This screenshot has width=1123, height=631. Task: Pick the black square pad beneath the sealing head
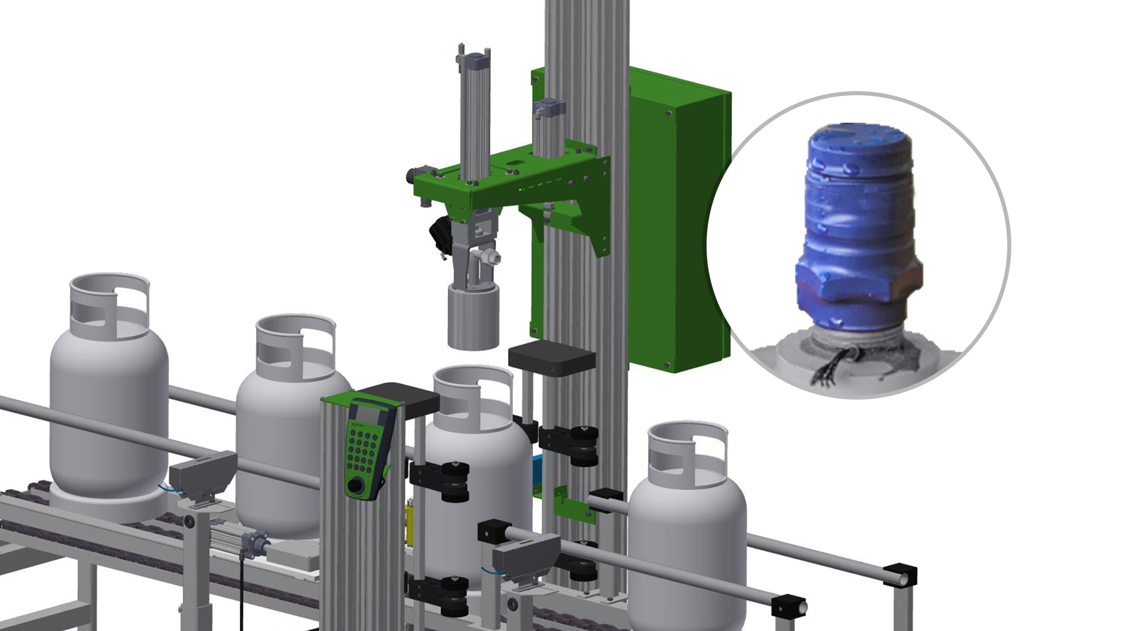tap(551, 356)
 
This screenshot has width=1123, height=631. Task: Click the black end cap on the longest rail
tap(900, 575)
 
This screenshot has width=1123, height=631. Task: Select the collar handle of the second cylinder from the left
tap(295, 345)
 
